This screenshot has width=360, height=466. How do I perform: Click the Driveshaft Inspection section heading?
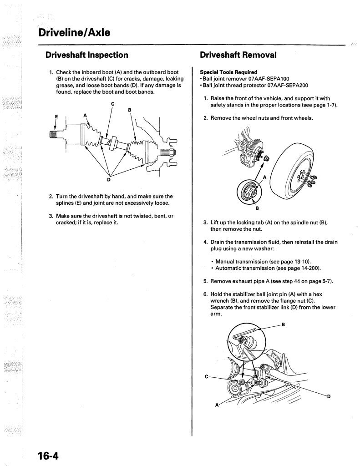click(x=87, y=55)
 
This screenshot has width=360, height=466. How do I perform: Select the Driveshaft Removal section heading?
click(x=238, y=55)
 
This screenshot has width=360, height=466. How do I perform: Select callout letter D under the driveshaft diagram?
click(x=109, y=179)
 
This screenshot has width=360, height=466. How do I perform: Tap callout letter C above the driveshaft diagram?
click(x=112, y=104)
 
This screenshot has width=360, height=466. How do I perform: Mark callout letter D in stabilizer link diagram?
click(x=328, y=396)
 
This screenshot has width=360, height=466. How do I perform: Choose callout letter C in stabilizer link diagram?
click(x=207, y=376)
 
